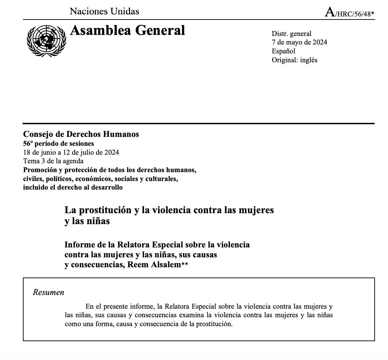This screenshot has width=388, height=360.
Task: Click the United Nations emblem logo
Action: pos(46,40)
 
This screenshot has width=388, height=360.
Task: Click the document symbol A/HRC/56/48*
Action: pos(349,13)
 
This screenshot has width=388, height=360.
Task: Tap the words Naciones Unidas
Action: pos(104,11)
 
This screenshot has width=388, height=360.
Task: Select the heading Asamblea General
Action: pos(127,30)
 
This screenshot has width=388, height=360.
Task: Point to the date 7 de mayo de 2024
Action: pos(299,42)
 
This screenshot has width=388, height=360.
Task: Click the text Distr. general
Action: pos(292,34)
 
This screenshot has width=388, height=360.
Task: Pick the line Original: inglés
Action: pos(294,60)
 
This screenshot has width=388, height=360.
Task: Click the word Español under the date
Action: pos(283,51)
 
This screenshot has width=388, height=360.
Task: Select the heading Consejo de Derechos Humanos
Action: pos(81,134)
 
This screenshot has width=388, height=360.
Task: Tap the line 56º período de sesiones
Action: pos(59,143)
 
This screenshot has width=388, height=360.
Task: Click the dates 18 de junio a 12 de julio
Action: pos(71,152)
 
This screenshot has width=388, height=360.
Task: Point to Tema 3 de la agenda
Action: pos(53,161)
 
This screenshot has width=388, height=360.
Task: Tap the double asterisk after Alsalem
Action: pos(185,265)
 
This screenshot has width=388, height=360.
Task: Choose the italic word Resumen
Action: pos(48,292)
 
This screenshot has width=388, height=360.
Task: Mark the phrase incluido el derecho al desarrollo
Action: pos(73,187)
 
